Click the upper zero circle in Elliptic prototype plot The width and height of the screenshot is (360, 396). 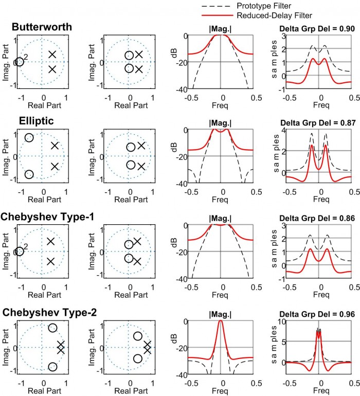(x=29, y=138)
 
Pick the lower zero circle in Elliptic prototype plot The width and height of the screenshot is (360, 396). (x=29, y=175)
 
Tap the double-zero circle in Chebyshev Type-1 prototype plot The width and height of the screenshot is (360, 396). (x=20, y=251)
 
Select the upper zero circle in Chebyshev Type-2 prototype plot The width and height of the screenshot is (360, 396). (x=52, y=328)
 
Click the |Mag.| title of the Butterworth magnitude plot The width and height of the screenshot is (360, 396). (x=223, y=28)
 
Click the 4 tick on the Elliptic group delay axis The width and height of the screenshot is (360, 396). (x=282, y=131)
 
